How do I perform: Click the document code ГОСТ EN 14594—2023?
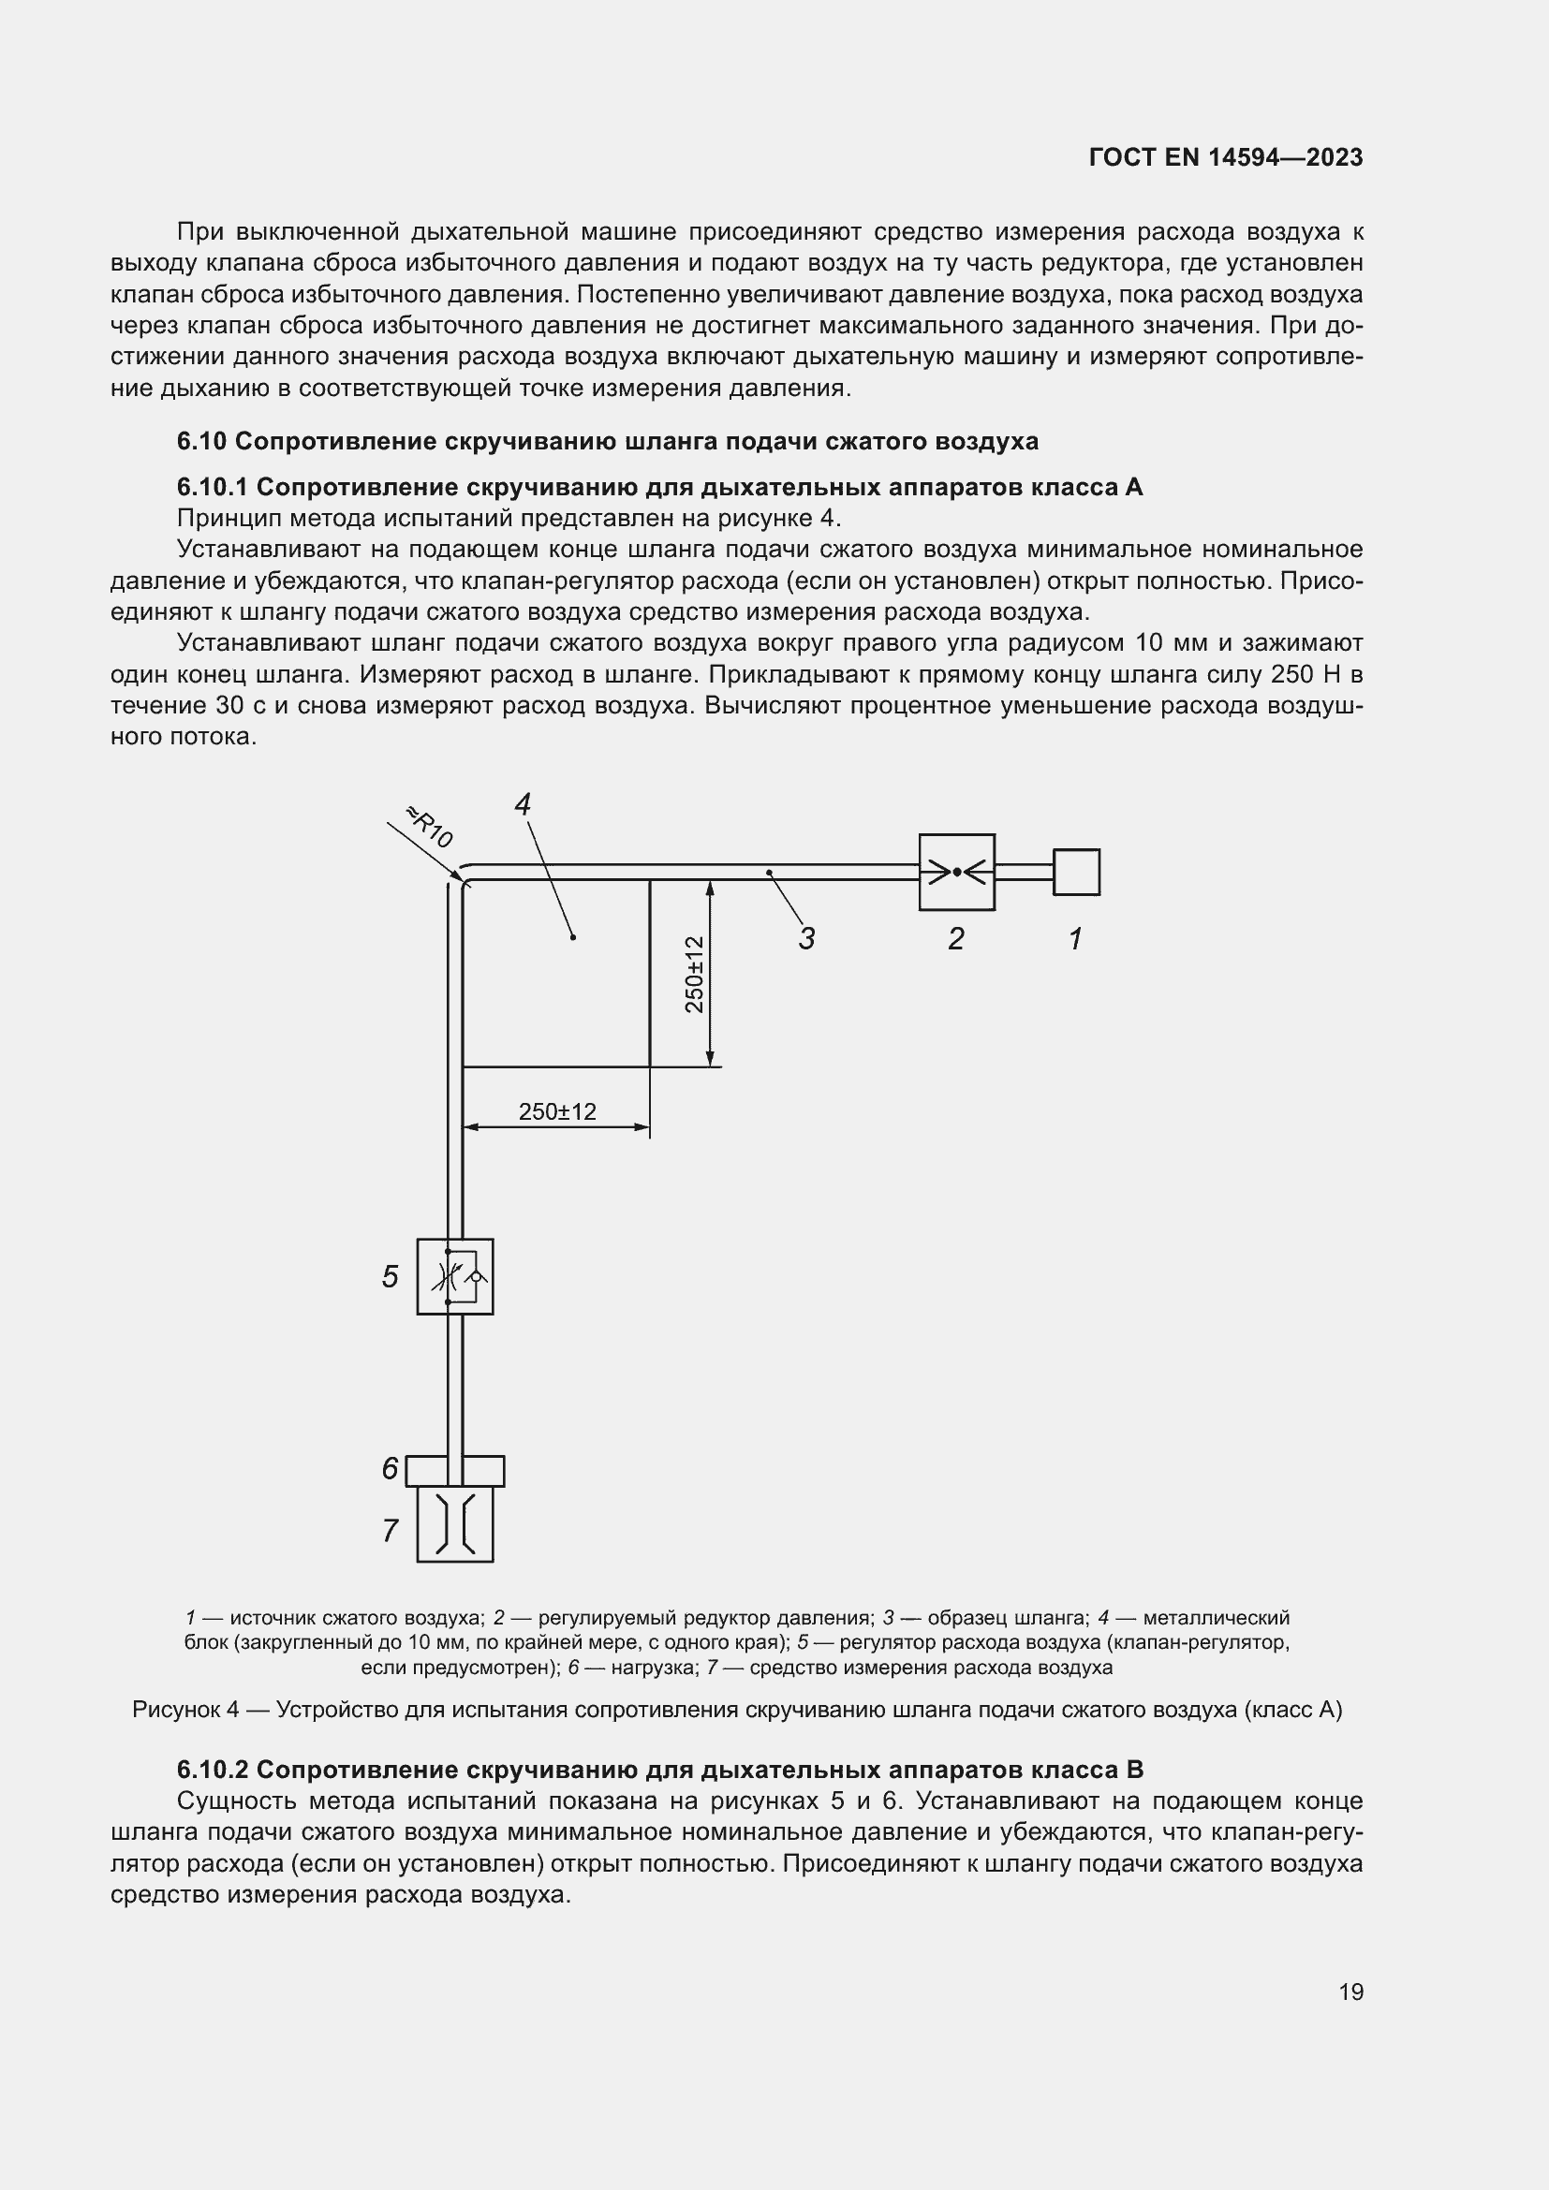pyautogui.click(x=1225, y=157)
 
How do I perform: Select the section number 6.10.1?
pyautogui.click(x=212, y=488)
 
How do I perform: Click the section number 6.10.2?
pyautogui.click(x=212, y=1770)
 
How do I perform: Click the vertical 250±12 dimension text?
pyautogui.click(x=694, y=974)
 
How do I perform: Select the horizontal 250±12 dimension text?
pyautogui.click(x=557, y=1111)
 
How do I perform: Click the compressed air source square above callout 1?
pyautogui.click(x=1076, y=872)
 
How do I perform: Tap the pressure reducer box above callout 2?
pyautogui.click(x=957, y=872)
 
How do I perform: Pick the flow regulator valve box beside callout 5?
pyautogui.click(x=455, y=1276)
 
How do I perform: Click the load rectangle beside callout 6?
pyautogui.click(x=455, y=1471)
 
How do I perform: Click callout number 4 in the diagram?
pyautogui.click(x=523, y=804)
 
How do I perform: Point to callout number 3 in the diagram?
pyautogui.click(x=807, y=938)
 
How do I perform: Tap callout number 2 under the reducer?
pyautogui.click(x=956, y=938)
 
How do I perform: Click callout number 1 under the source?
pyautogui.click(x=1075, y=938)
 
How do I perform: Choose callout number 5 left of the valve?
pyautogui.click(x=391, y=1276)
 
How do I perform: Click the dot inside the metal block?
pyautogui.click(x=573, y=937)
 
